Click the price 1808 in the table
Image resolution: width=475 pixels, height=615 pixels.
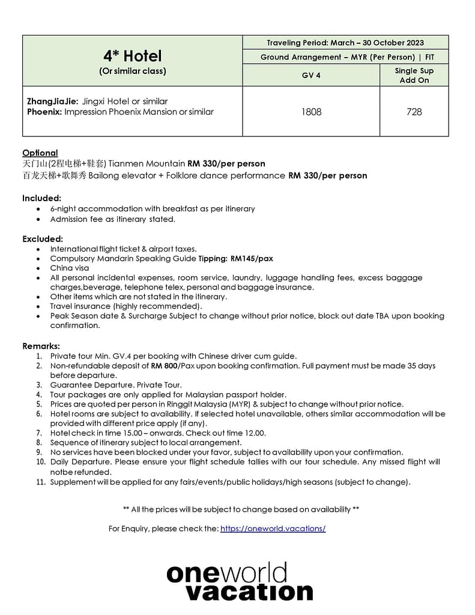click(x=311, y=112)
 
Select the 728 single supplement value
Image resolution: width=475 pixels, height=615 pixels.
click(x=414, y=112)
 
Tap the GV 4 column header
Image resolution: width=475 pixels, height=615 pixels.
click(x=311, y=75)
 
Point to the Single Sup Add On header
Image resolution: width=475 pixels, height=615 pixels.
click(x=414, y=75)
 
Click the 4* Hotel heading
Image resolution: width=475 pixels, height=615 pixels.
click(x=132, y=56)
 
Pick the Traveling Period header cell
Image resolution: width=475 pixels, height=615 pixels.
click(x=345, y=43)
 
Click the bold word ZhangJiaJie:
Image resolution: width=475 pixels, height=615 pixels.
click(x=52, y=101)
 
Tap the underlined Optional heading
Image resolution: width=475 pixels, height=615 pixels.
click(x=40, y=153)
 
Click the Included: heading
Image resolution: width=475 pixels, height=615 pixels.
click(x=41, y=198)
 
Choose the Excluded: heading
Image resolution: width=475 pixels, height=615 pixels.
click(x=43, y=238)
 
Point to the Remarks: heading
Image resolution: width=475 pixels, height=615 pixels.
click(x=41, y=346)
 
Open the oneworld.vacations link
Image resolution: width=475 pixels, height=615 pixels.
click(x=273, y=529)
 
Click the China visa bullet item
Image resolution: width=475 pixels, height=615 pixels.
click(x=70, y=268)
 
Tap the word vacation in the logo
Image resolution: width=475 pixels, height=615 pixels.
click(x=249, y=592)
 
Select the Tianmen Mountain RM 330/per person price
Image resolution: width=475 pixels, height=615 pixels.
click(x=226, y=163)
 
